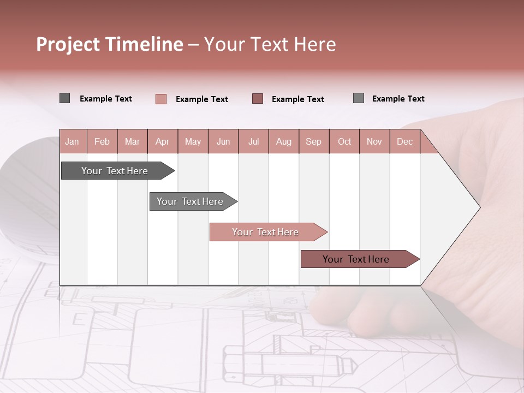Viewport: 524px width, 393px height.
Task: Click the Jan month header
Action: point(72,142)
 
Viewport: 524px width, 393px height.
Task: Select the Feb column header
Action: point(102,142)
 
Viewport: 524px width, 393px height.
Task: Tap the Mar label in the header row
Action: point(132,142)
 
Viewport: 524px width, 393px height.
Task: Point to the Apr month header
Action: point(162,142)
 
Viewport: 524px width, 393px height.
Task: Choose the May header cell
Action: point(193,142)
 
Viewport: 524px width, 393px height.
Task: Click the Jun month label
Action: point(223,142)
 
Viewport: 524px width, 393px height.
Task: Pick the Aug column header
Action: point(283,142)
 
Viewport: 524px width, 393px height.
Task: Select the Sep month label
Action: point(313,142)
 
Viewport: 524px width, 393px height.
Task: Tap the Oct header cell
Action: point(344,142)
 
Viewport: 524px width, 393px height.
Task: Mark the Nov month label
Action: point(374,142)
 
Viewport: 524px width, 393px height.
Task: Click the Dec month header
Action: point(404,142)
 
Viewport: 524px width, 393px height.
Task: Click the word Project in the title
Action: point(68,44)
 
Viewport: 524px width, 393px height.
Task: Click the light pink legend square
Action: point(161,99)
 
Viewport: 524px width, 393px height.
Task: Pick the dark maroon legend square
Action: point(258,99)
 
